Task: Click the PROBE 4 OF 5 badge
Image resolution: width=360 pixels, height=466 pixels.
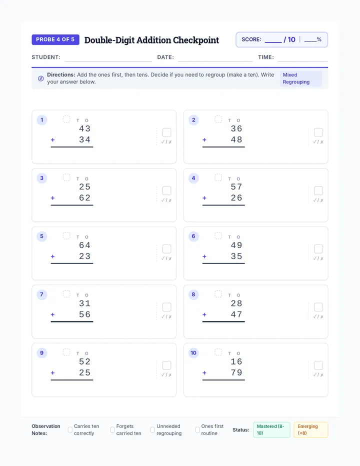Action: tap(55, 39)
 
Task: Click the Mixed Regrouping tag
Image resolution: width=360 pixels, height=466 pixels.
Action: tap(301, 78)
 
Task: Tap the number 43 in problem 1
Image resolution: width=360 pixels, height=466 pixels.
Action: tap(84, 128)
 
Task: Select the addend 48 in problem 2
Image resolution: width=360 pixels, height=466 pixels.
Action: tap(236, 139)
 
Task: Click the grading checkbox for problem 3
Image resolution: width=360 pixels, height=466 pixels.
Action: tap(167, 190)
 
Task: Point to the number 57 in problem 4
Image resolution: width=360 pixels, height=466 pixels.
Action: tap(236, 187)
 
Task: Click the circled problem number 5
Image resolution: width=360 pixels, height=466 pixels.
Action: tap(41, 236)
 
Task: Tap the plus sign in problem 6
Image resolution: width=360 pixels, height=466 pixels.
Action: tap(204, 256)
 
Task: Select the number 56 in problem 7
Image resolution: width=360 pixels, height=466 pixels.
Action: tap(84, 314)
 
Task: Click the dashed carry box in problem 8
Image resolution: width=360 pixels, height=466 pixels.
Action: tap(218, 294)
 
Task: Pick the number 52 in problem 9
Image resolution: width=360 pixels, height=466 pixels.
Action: tap(84, 361)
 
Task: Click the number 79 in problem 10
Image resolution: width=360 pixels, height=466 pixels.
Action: tap(236, 372)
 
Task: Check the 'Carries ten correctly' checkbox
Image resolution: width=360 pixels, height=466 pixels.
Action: tap(70, 429)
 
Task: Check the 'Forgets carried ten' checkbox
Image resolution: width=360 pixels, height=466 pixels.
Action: tap(112, 429)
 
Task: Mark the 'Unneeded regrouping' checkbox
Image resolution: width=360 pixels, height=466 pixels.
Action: tap(152, 429)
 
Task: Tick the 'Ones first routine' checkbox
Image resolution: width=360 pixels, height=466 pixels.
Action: tap(197, 429)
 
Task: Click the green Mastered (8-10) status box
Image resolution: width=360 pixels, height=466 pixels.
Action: tap(271, 429)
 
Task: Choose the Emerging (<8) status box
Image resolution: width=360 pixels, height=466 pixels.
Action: tap(311, 429)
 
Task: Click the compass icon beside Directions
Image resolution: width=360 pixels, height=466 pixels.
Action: tap(41, 78)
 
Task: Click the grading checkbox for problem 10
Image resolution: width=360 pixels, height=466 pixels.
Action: tap(318, 365)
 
